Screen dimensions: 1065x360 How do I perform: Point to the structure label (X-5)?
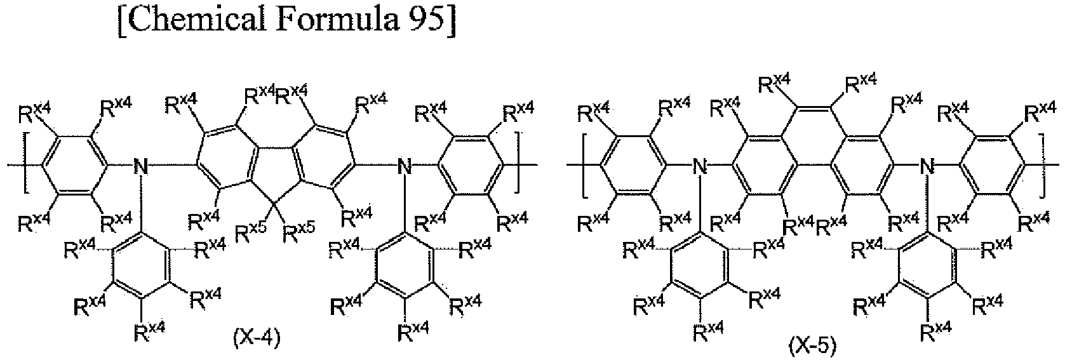click(812, 345)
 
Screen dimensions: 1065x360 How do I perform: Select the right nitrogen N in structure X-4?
click(404, 166)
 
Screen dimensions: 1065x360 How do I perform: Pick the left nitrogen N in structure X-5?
click(699, 166)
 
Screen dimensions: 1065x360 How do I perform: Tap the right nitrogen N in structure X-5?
click(926, 166)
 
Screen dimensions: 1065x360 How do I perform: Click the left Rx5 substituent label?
click(251, 232)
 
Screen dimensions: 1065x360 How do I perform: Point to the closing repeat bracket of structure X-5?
click(1042, 166)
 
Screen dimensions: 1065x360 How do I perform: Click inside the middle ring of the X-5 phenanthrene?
click(812, 138)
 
